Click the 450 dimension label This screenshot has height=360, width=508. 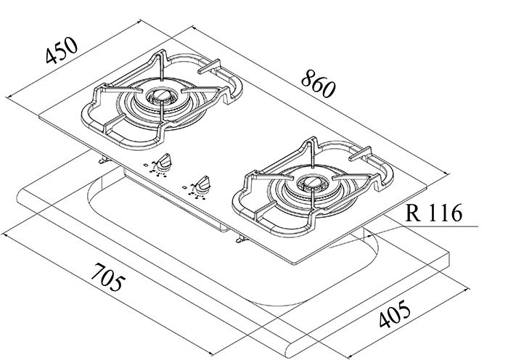[x=62, y=50]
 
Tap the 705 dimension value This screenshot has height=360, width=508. [x=107, y=277]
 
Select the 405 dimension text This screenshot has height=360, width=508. [x=395, y=314]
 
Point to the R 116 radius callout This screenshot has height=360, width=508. [x=433, y=213]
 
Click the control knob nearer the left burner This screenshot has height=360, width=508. [x=165, y=161]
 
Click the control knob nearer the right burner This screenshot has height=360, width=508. [x=202, y=184]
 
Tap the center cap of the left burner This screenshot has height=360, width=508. [x=161, y=95]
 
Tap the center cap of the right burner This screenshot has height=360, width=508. [x=313, y=183]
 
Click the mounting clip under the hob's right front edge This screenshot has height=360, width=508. [x=241, y=240]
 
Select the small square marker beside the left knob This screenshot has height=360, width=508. [x=145, y=165]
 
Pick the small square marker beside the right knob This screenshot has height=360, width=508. [x=184, y=187]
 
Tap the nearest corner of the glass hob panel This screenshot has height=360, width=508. [x=293, y=263]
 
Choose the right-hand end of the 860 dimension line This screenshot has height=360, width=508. [x=448, y=175]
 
